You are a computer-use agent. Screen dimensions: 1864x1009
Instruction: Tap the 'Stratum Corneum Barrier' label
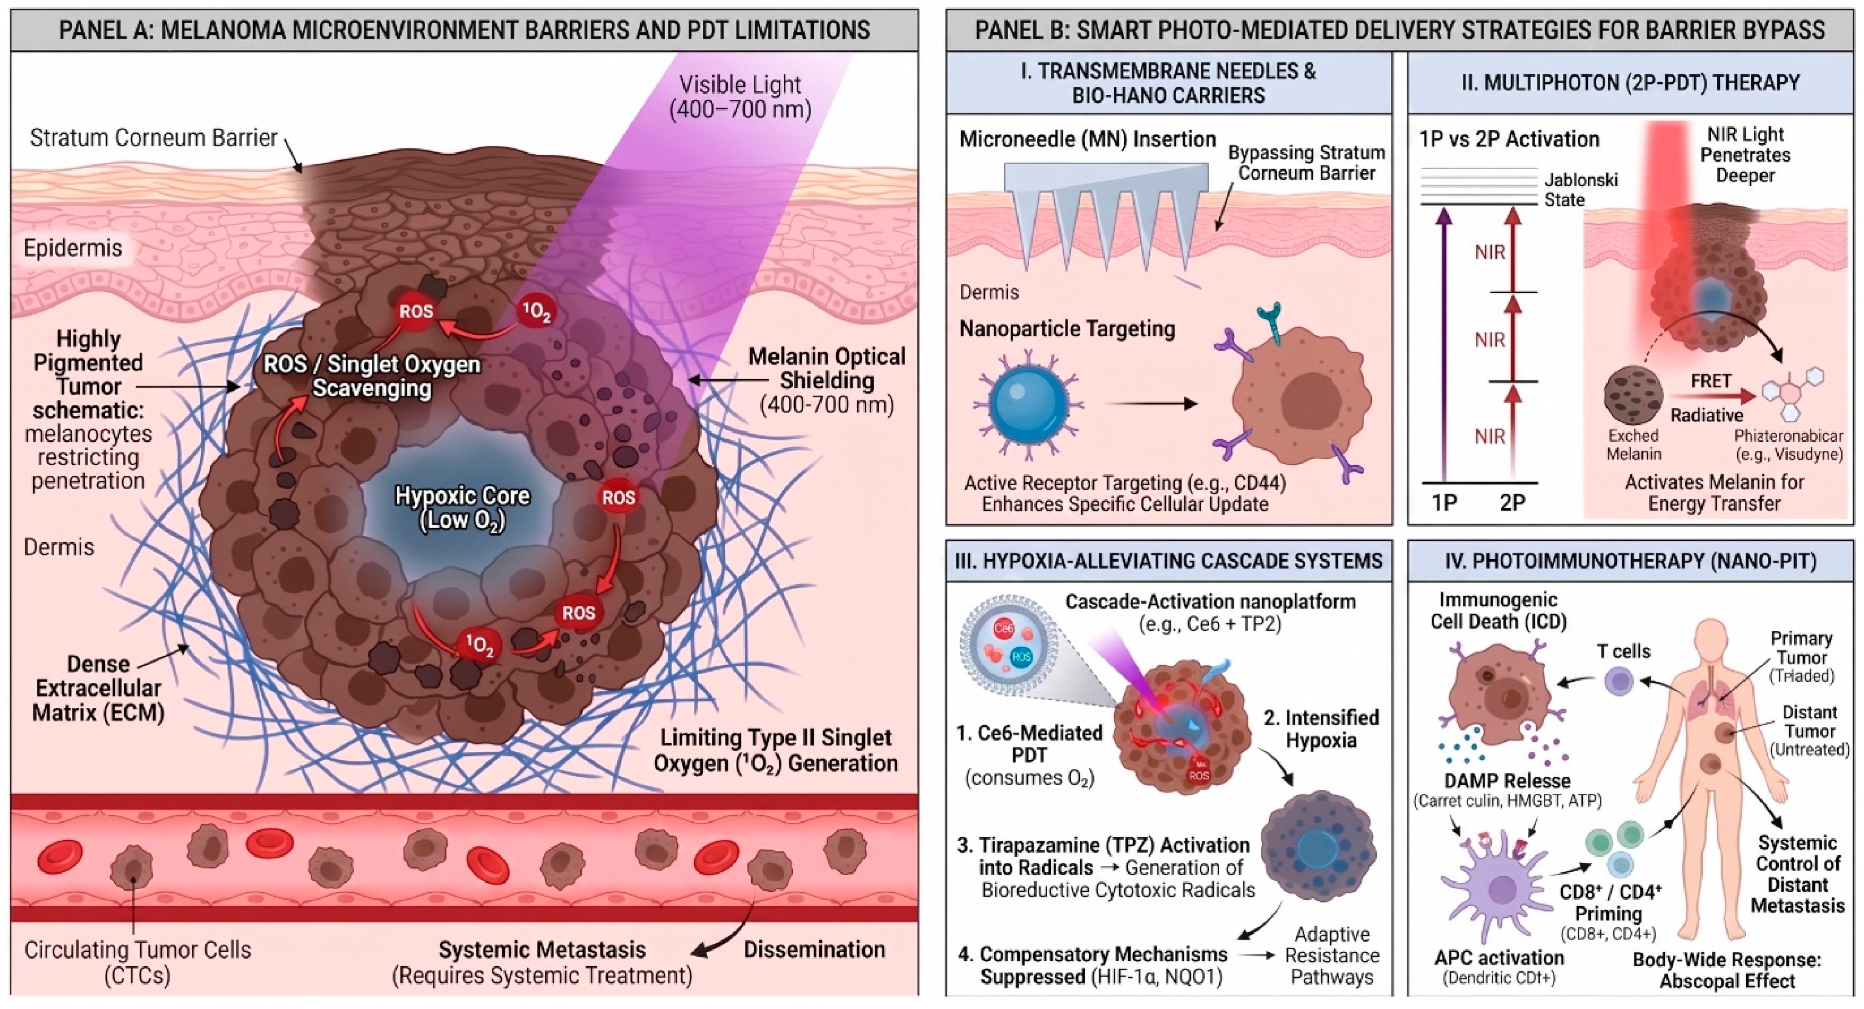click(x=153, y=138)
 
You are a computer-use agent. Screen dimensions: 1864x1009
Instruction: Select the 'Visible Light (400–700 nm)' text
click(x=740, y=96)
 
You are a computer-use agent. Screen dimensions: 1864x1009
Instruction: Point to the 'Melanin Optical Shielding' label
click(x=826, y=368)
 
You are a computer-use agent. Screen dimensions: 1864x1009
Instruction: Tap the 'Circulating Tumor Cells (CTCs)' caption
click(x=138, y=962)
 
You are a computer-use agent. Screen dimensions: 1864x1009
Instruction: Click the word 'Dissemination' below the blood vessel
click(x=814, y=949)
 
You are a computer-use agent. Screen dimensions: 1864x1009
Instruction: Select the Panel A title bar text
click(x=464, y=30)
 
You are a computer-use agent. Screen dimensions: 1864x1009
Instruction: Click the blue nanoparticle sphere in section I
click(x=1027, y=402)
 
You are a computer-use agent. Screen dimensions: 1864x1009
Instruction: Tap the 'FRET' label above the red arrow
click(x=1711, y=381)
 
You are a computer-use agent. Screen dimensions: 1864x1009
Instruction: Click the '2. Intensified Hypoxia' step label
click(x=1321, y=729)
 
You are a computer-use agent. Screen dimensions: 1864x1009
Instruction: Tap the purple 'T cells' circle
click(x=1619, y=682)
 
